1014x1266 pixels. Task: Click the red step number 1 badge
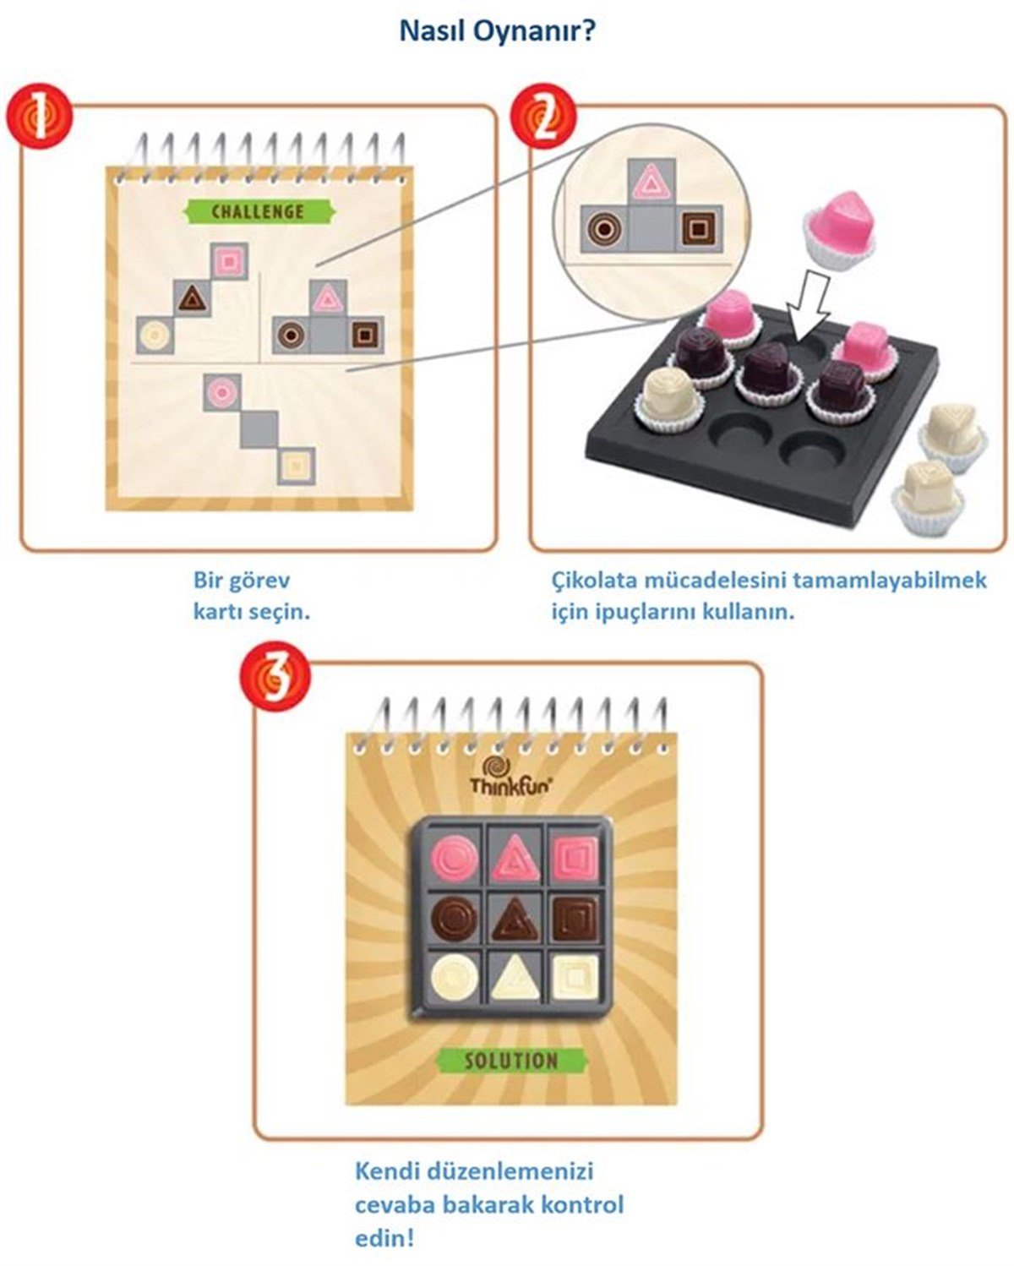point(39,116)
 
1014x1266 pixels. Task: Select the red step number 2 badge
point(543,116)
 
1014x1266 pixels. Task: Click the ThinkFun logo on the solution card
point(510,776)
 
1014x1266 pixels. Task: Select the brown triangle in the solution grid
point(515,919)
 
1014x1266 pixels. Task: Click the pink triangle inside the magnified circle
point(651,181)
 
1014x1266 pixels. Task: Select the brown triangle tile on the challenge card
point(193,299)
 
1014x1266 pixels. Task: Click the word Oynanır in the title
point(535,30)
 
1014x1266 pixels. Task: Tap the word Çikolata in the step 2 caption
point(594,581)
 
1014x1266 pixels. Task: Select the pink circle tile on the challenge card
point(222,392)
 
